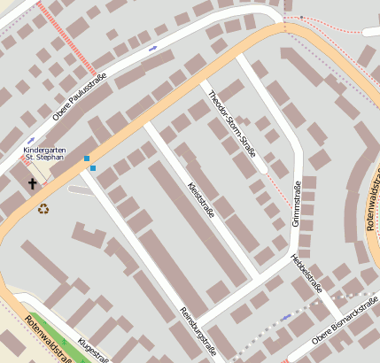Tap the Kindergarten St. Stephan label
point(44,156)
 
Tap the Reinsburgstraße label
point(199,331)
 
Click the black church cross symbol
point(33,183)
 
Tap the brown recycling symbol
point(43,209)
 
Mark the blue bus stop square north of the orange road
point(87,158)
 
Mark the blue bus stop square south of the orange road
point(93,168)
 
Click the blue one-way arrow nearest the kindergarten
point(31,139)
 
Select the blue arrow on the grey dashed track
point(285,316)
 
